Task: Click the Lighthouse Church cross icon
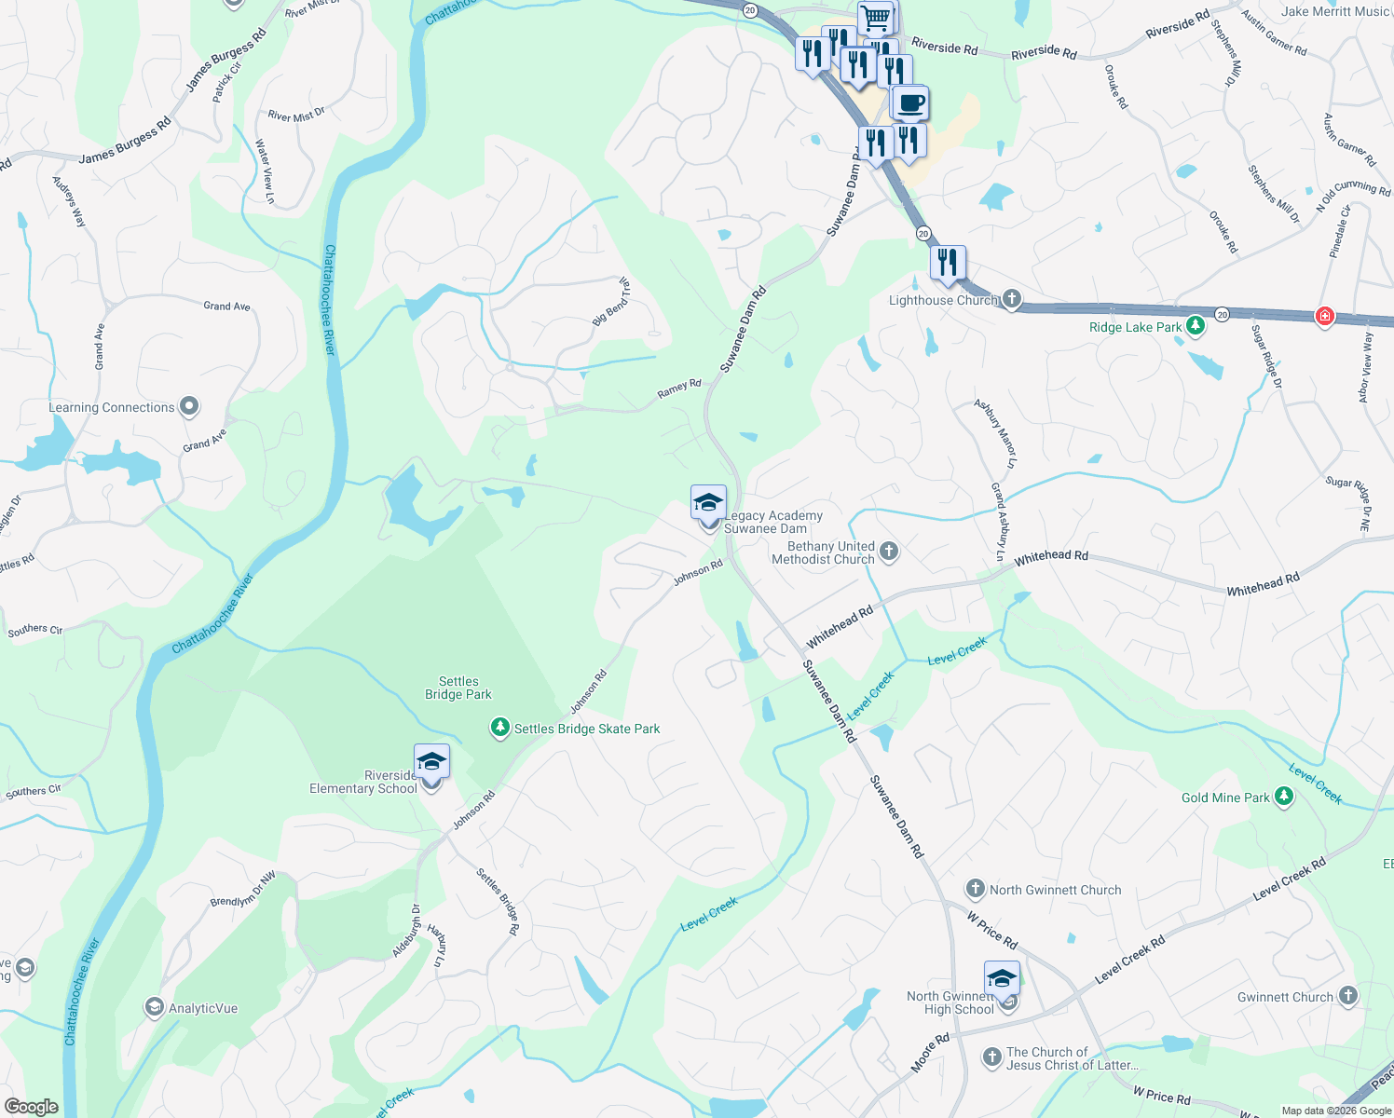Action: pos(1012,300)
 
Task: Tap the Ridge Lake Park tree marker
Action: pos(1196,327)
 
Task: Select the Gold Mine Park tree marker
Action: pos(1284,797)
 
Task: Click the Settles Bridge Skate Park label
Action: pos(587,729)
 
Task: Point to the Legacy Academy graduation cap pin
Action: pos(708,503)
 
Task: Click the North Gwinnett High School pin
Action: pos(1002,979)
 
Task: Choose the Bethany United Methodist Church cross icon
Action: pos(889,552)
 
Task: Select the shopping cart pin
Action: pos(875,17)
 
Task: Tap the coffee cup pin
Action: pos(910,102)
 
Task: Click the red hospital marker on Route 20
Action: pos(1324,317)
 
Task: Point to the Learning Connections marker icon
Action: pos(189,406)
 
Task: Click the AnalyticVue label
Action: pos(203,1008)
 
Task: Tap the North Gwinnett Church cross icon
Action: pos(975,889)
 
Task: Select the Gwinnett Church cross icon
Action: pos(1347,996)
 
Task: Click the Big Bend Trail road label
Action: pos(612,301)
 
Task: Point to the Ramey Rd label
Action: pos(679,389)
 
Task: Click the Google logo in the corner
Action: pos(32,1107)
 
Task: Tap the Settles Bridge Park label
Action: pos(458,688)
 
